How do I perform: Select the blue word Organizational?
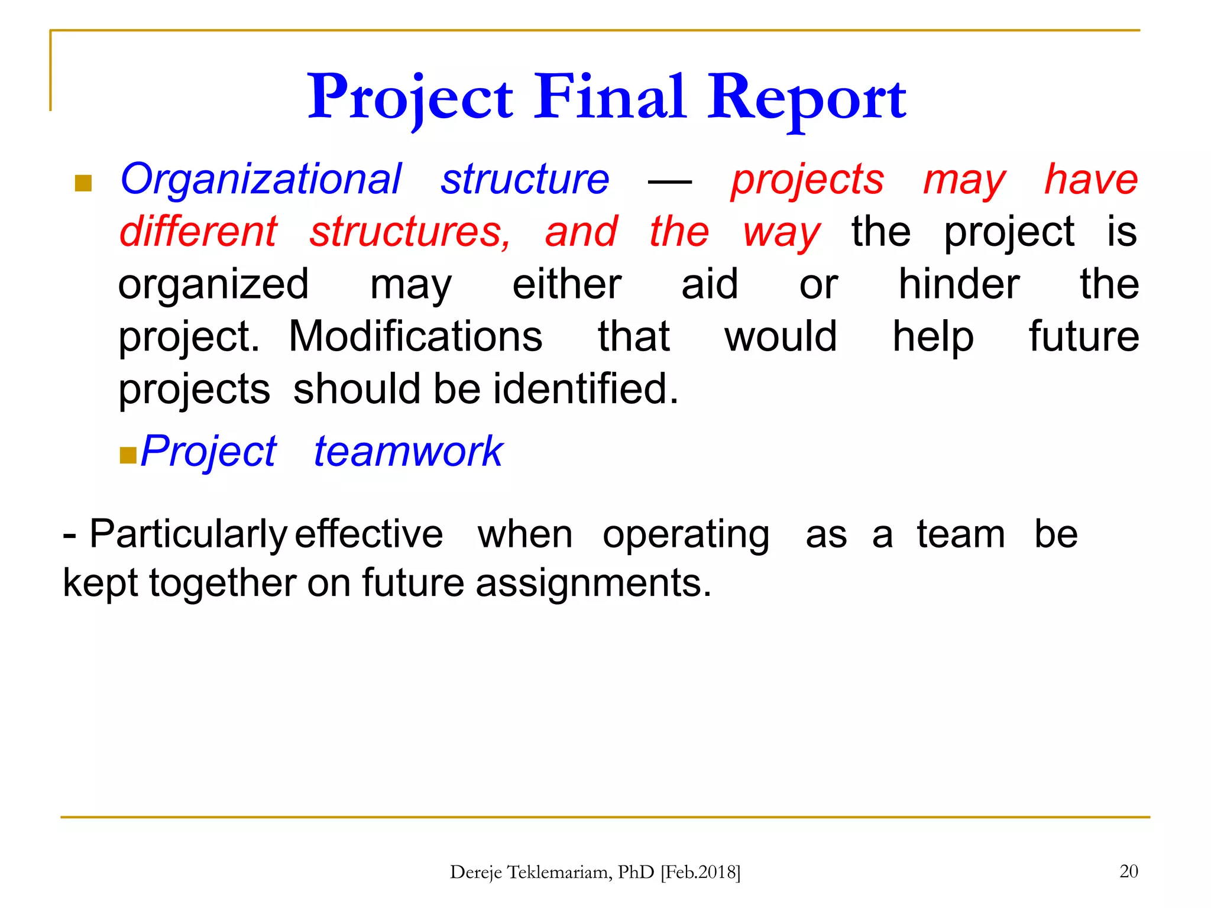point(261,179)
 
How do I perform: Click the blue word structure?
point(524,179)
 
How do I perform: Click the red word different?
point(198,231)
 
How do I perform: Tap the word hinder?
point(959,284)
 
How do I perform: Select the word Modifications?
point(415,336)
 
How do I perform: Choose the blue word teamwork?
point(407,451)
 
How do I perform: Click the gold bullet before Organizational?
point(83,183)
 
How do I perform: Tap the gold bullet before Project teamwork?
point(128,455)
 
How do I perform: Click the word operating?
point(686,534)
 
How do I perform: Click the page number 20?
point(1128,871)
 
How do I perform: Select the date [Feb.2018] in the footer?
point(700,872)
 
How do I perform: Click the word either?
point(566,284)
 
